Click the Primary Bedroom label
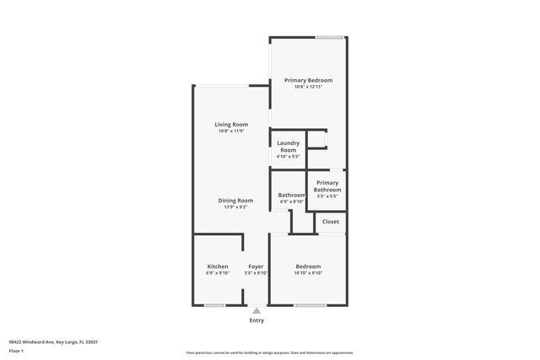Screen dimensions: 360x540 tap(308, 80)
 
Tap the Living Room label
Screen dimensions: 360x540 tap(231, 125)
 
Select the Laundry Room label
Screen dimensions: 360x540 tap(288, 147)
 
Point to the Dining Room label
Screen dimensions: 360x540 tap(235, 200)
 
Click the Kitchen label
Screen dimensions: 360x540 tap(218, 266)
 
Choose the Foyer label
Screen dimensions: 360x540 tap(256, 266)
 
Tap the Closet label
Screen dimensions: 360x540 tap(331, 222)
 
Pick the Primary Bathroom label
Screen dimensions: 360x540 tap(327, 186)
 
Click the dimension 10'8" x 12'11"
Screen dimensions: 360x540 tap(308, 87)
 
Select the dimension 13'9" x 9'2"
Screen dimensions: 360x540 tap(235, 207)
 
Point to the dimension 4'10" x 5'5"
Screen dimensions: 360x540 tap(288, 156)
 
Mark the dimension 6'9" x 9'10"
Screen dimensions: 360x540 tap(218, 273)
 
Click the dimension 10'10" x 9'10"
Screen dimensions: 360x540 tap(308, 273)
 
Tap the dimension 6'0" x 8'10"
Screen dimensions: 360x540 tap(291, 201)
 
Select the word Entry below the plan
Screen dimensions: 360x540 tap(256, 320)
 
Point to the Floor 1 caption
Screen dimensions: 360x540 tap(16, 350)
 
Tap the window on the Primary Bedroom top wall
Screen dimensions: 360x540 tap(329, 37)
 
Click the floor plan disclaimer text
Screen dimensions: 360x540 tap(269, 352)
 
